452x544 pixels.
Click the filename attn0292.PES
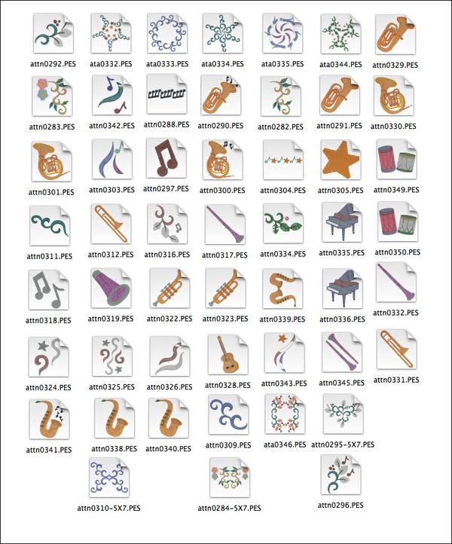click(x=53, y=64)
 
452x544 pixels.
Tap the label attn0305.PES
click(x=341, y=191)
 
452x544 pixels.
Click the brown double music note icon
click(x=166, y=157)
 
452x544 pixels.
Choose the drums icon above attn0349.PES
click(x=396, y=159)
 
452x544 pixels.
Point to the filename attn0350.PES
click(x=397, y=252)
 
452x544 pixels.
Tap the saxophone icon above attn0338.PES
click(x=114, y=417)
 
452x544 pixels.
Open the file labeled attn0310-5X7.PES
click(x=108, y=509)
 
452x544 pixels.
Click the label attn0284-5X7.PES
click(x=229, y=509)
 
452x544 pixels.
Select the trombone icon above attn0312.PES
click(x=111, y=224)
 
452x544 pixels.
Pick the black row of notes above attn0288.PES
click(x=166, y=93)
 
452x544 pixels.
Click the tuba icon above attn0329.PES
click(x=395, y=34)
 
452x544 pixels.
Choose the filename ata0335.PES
click(x=282, y=64)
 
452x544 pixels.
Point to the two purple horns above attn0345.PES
click(x=342, y=352)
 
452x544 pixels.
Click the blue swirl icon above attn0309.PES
click(x=228, y=413)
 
